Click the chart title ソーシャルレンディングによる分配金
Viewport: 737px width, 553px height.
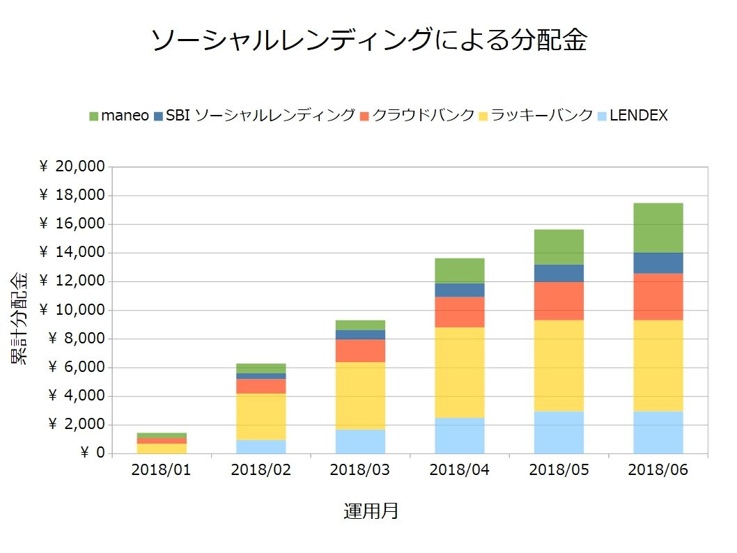[368, 40]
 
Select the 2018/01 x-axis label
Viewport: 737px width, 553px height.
[161, 470]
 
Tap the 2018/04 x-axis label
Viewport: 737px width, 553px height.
[459, 470]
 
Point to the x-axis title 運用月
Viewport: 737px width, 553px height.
[371, 511]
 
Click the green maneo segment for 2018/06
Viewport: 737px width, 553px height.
[658, 228]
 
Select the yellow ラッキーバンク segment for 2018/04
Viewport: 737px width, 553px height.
[459, 373]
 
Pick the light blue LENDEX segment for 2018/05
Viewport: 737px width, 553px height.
[559, 432]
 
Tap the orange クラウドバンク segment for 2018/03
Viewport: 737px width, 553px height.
[359, 351]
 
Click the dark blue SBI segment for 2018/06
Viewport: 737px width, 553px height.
[658, 263]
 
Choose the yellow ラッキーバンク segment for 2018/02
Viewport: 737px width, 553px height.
[261, 416]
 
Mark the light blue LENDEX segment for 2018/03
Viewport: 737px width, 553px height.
[359, 442]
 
